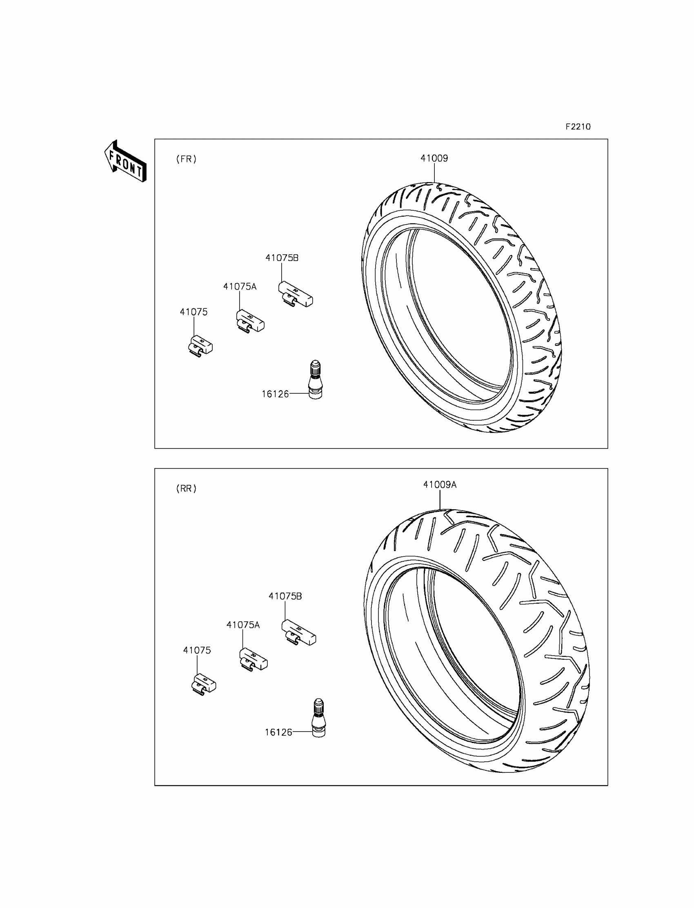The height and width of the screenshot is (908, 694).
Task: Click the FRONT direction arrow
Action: [125, 162]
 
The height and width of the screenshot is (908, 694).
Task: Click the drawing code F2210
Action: [578, 127]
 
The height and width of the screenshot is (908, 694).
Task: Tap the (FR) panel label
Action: [186, 159]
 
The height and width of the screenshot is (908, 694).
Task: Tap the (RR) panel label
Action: [186, 489]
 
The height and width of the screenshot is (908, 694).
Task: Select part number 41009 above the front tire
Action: [434, 158]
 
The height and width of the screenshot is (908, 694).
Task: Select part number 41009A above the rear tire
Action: [440, 484]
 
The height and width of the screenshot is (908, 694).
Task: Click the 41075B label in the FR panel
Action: [282, 258]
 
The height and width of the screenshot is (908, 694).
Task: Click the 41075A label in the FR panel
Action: [240, 286]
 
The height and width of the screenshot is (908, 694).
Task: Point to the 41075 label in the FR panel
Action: [194, 312]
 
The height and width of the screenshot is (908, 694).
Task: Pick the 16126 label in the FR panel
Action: [275, 394]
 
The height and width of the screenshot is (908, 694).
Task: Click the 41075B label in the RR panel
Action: [285, 596]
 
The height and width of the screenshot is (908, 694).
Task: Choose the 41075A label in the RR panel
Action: [243, 625]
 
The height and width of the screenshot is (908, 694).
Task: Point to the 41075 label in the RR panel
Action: [197, 650]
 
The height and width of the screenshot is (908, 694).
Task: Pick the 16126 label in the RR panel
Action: [278, 732]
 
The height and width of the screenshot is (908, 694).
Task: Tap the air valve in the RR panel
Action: [318, 718]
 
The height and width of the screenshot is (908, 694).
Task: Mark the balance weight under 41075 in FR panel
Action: [200, 346]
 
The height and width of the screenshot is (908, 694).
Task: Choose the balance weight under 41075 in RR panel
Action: [203, 685]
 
